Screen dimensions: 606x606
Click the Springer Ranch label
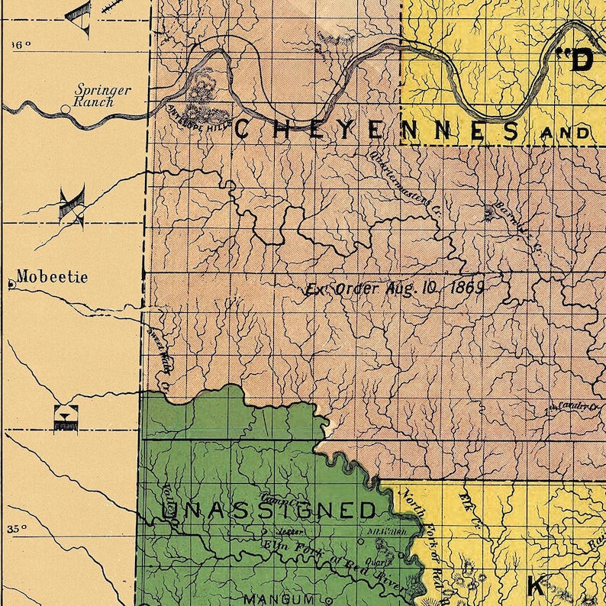[x=102, y=95]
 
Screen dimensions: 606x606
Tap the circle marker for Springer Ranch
[x=66, y=109]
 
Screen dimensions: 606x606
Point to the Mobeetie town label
[x=52, y=277]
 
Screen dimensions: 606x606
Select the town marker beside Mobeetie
[x=11, y=285]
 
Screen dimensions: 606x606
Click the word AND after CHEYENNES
[x=565, y=133]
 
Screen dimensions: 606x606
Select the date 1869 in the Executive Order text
[x=467, y=288]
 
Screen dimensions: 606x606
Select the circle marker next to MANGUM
[x=329, y=600]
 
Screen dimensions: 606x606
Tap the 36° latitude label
[x=21, y=45]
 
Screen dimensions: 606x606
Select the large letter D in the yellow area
[x=582, y=60]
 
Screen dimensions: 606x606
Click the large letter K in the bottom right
[x=537, y=586]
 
